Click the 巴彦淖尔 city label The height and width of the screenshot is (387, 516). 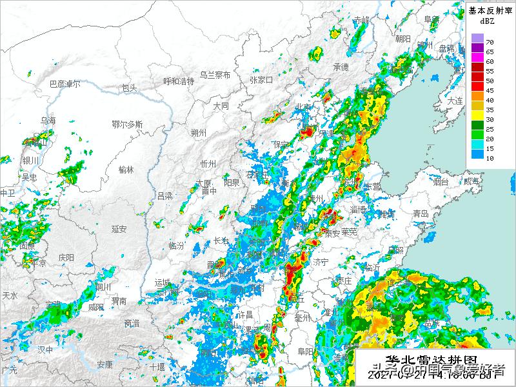click(65, 84)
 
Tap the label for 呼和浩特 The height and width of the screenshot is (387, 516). click(179, 81)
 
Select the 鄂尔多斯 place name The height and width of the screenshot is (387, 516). click(127, 124)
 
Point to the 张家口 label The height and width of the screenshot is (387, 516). click(261, 80)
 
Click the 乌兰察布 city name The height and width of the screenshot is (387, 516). click(215, 75)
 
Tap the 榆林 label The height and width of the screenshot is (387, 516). click(126, 170)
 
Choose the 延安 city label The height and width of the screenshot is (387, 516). click(119, 228)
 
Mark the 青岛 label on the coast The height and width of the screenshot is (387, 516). click(421, 213)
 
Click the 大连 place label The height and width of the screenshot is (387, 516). click(455, 101)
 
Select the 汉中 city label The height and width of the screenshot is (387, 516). click(45, 349)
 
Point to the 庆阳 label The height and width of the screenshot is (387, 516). click(66, 257)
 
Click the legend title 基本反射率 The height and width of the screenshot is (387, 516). click(490, 10)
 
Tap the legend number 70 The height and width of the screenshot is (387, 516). click(490, 42)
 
